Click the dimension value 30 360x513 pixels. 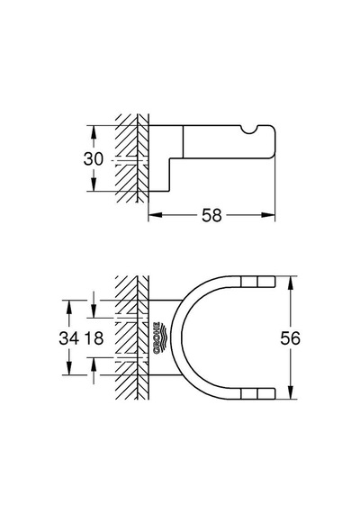94,159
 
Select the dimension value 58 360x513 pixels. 211,215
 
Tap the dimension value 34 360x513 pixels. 69,337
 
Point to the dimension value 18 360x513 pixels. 94,337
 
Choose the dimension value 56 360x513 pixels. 290,338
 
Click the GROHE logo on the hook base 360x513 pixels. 160,337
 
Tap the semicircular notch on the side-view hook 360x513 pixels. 251,130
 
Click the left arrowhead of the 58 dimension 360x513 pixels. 156,215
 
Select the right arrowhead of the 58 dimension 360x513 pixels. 268,215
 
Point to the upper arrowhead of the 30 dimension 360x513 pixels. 94,131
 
